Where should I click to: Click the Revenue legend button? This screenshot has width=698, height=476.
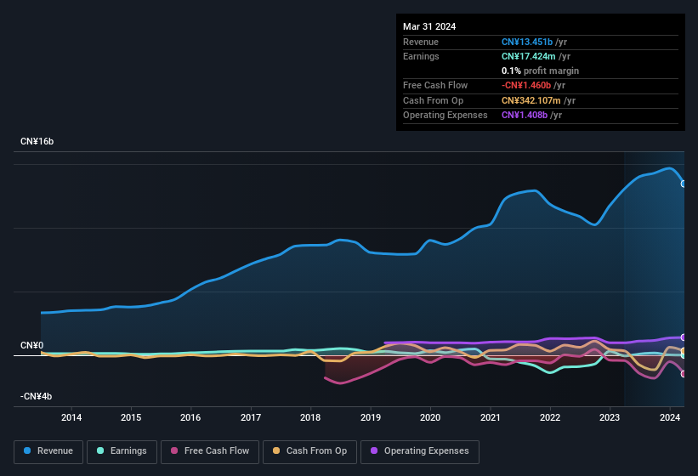49,451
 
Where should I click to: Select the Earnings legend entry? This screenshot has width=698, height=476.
122,451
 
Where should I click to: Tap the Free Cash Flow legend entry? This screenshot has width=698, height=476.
210,451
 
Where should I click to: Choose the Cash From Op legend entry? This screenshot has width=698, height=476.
309,451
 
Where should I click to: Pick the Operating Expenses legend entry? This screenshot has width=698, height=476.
419,451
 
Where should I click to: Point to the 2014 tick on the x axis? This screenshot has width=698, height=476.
71,417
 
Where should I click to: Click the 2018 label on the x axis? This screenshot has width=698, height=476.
310,417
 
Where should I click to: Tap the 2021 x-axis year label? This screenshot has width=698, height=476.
490,417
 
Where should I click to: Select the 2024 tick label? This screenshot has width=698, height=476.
669,417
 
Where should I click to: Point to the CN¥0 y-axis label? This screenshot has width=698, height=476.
31,346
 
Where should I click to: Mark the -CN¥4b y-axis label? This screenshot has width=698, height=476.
37,397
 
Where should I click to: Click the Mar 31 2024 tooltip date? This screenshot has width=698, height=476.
429,26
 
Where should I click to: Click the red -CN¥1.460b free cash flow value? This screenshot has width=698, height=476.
526,85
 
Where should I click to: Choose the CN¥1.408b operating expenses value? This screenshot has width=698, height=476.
525,115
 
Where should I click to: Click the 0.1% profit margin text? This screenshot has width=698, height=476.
540,71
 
